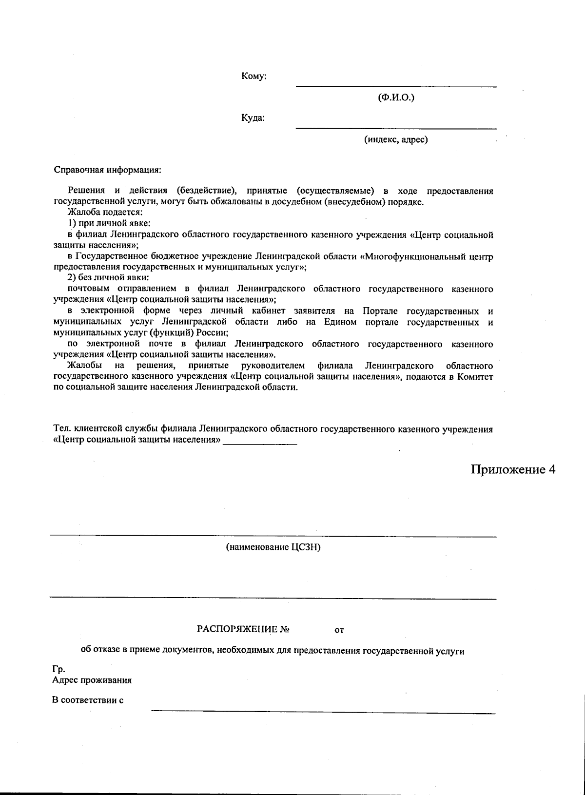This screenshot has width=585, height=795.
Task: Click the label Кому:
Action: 253,76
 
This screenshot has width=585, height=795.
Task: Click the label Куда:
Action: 253,118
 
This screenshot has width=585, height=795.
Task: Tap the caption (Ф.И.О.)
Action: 396,98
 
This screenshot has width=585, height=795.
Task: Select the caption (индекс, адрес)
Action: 396,140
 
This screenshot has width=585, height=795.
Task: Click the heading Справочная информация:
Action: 107,171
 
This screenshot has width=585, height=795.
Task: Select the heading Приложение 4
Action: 513,469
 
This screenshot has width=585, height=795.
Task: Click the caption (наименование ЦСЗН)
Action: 273,547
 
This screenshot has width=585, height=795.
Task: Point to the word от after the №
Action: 339,630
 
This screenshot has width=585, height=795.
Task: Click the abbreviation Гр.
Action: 58,669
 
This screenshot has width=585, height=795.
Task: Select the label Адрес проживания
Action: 92,680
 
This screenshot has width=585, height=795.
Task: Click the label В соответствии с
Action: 87,700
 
